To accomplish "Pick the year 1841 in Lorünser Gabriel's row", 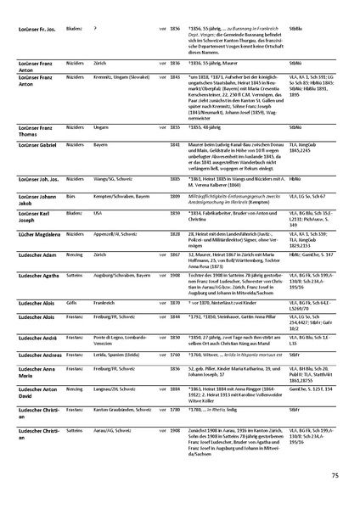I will [174, 146].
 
